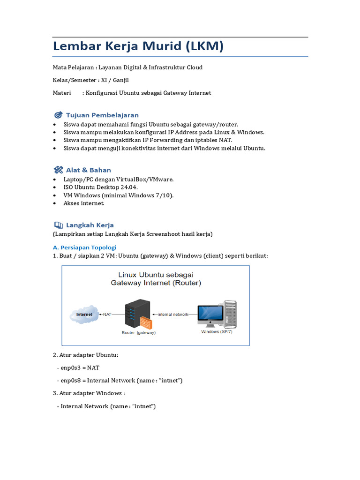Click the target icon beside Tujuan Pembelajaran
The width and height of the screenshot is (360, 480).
pos(58,115)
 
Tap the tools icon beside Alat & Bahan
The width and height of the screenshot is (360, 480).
pos(58,170)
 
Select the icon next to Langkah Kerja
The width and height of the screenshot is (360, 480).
pos(58,225)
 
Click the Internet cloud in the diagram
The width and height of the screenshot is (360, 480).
pos(84,315)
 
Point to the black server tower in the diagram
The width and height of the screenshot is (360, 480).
pos(135,313)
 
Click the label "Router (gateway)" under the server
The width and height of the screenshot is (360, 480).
pos(138,332)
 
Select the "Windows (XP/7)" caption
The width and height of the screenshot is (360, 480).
pos(217,331)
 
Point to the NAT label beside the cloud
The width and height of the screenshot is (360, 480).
pos(106,314)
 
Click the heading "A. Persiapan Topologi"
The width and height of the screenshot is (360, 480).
pos(84,247)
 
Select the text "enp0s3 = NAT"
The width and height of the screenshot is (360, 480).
pos(80,368)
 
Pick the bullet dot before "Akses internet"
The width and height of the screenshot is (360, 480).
pos(54,203)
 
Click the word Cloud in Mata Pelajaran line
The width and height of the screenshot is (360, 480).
pos(194,67)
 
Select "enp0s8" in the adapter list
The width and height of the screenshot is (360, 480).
pos(70,381)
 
